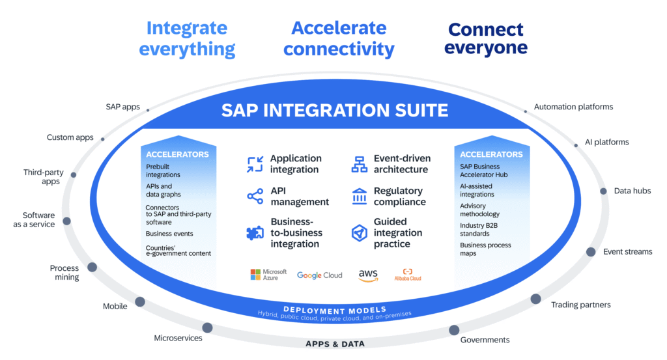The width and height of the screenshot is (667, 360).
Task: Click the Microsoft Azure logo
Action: (268, 275)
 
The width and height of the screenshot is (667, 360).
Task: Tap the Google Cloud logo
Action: (319, 275)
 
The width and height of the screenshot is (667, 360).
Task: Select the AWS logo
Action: (368, 275)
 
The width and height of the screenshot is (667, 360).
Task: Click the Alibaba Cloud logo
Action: (407, 275)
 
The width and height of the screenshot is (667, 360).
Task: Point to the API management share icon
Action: (255, 197)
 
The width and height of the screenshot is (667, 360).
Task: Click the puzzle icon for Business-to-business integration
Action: (255, 233)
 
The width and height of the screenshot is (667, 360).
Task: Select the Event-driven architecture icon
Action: (360, 164)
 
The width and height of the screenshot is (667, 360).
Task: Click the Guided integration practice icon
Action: (360, 233)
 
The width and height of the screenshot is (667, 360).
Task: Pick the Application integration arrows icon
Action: (255, 164)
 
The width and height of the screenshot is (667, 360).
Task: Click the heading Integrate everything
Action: (187, 38)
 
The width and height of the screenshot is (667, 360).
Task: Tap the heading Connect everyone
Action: (487, 39)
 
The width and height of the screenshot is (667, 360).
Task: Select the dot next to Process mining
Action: (92, 267)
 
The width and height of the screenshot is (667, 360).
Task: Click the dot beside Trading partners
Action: (535, 299)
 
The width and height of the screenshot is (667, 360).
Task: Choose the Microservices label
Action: (178, 338)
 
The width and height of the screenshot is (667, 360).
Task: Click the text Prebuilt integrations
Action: (163, 171)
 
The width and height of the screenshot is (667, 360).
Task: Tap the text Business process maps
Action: (485, 249)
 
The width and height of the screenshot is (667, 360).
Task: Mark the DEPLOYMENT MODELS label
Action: (335, 309)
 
